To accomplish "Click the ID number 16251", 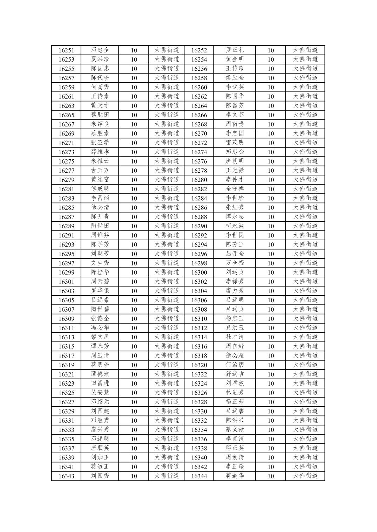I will click(x=66, y=50).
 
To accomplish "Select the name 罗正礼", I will click(x=235, y=50).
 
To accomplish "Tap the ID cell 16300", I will click(x=199, y=272).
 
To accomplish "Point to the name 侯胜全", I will click(x=235, y=78).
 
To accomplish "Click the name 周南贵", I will click(x=235, y=124).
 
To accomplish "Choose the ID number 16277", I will click(x=66, y=171).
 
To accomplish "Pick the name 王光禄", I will click(x=235, y=171).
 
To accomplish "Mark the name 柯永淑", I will click(x=235, y=226).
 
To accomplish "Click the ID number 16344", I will click(x=199, y=476).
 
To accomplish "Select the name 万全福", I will click(x=235, y=263).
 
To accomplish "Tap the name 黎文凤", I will click(x=100, y=337).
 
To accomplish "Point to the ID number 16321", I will click(x=66, y=374).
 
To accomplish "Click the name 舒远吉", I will click(x=235, y=374).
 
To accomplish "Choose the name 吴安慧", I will click(x=100, y=393).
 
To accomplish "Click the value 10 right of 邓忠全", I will click(x=134, y=50).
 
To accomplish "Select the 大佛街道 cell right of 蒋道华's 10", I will click(x=305, y=476).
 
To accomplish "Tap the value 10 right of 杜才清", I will click(x=270, y=337).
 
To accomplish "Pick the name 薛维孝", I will click(x=100, y=152).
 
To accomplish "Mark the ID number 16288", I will click(x=199, y=217).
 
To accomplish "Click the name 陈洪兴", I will click(x=235, y=420).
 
